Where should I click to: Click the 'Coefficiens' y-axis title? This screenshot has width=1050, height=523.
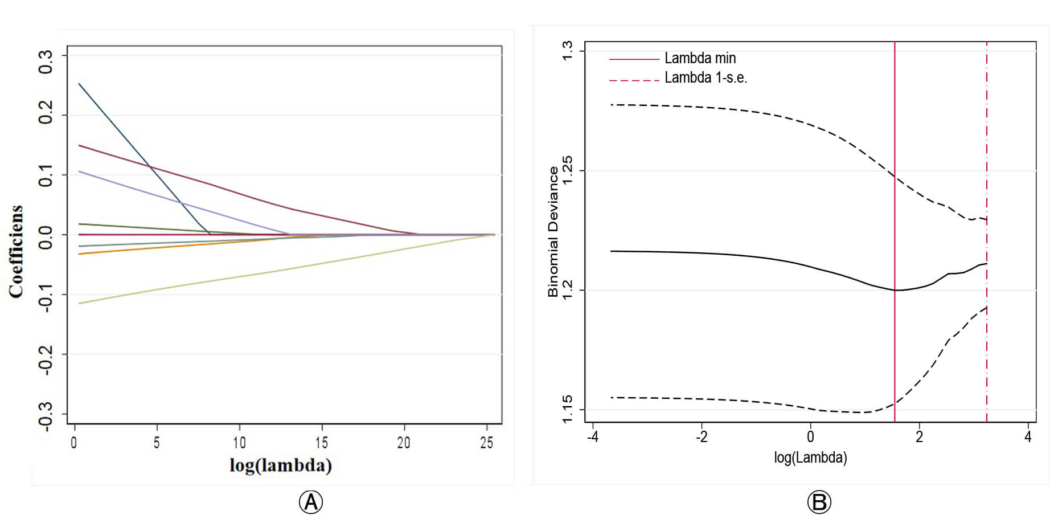(16, 251)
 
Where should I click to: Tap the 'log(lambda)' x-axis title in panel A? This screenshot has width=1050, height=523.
(281, 465)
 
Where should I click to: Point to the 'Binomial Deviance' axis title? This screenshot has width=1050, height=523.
(553, 232)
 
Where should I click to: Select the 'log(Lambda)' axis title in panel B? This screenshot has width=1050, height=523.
(810, 457)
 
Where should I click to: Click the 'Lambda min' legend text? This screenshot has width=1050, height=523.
(700, 58)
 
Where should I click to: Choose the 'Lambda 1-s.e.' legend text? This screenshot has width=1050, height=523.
(706, 77)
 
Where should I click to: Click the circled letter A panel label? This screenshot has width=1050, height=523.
(311, 502)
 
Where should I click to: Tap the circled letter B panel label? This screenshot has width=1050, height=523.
(819, 502)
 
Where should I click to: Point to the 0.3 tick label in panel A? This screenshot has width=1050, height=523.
(46, 62)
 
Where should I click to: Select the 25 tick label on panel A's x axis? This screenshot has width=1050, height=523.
(486, 443)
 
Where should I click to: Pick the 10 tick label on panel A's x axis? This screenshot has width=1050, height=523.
(239, 443)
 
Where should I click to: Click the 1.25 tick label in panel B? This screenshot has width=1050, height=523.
(567, 171)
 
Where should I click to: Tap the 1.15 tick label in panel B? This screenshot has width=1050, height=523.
(567, 410)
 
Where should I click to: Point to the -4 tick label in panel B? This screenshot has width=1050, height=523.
(593, 438)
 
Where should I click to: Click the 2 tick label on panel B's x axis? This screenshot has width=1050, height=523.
(919, 438)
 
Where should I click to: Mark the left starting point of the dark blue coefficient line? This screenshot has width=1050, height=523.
(79, 84)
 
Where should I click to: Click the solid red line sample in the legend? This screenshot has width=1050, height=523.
(634, 59)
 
